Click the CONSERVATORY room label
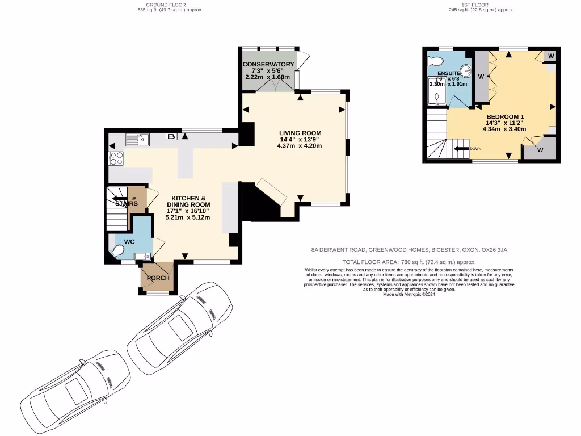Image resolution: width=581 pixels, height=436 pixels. pos(268,64)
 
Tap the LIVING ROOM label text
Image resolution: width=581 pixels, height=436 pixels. pos(300,132)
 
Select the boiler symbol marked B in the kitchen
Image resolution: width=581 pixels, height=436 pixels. pos(170,136)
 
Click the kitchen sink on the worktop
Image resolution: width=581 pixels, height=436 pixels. pos(137,139)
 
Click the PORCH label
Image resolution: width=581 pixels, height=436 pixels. pos(158,278)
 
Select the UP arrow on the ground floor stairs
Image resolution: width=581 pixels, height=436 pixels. pos(120,199)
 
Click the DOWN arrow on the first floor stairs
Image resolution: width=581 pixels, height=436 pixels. pos(461,149)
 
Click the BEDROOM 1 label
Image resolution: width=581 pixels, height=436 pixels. pos(504,116)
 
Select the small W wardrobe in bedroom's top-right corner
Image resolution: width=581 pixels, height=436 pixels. pos(551,56)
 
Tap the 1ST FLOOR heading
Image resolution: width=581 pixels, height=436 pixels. pos(481,5)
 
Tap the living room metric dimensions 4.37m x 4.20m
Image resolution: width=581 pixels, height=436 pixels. pos(300,146)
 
